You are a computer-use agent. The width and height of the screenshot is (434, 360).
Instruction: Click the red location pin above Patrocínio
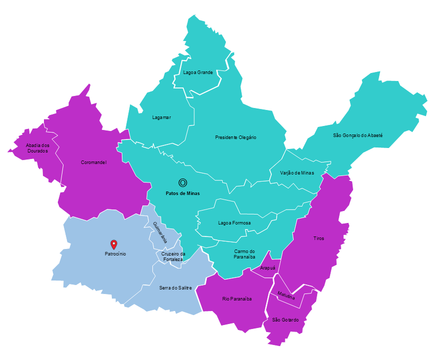pos(114,244)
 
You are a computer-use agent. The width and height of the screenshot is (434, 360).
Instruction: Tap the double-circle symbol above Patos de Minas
pos(183,183)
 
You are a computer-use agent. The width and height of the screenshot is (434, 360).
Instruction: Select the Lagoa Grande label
pos(198,72)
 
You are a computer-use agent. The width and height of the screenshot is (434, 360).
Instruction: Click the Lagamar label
pos(161,117)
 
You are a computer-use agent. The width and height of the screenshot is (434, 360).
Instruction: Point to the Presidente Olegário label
pos(236,137)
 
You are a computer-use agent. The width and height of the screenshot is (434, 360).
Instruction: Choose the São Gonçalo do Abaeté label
pos(358,135)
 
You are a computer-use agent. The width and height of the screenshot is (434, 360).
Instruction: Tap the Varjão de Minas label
pos(297,172)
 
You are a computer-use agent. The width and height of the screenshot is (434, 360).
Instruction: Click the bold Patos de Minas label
pos(183,193)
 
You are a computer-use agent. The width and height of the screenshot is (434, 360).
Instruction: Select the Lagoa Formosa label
pos(234,223)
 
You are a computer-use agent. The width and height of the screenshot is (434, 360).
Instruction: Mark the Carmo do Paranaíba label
pos(244,254)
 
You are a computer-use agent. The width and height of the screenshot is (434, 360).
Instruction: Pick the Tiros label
pos(319,238)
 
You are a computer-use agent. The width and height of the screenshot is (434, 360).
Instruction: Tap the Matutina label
pos(286,295)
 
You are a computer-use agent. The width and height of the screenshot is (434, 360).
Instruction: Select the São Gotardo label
pos(286,319)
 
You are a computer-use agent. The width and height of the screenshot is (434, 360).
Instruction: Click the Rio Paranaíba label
pos(237,299)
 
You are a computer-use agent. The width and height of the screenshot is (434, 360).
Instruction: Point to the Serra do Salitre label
pos(175,287)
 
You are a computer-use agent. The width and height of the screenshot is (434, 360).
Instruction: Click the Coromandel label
pos(94,162)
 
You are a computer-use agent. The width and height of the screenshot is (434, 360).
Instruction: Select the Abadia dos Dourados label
pos(37,147)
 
